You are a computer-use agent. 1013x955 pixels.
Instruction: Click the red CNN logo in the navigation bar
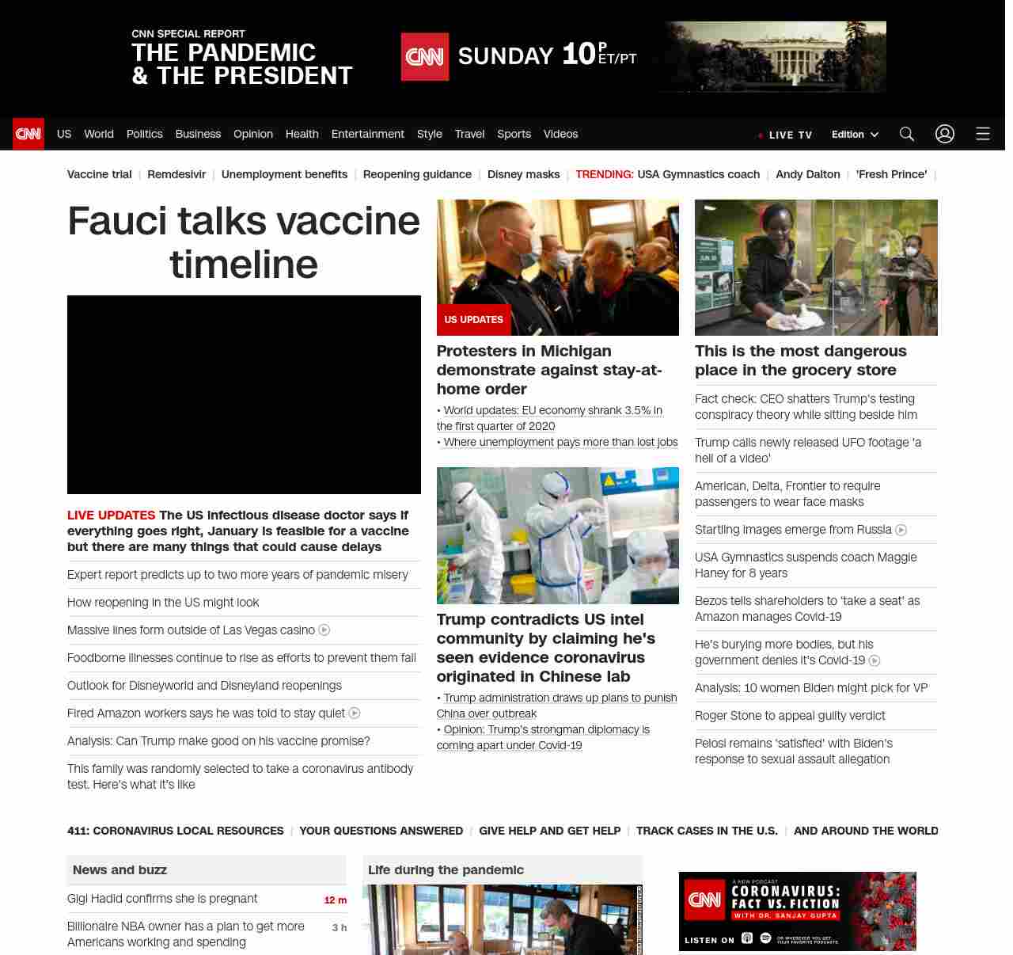point(28,134)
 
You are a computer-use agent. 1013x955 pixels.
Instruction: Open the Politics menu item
point(144,134)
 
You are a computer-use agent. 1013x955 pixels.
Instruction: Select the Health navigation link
point(302,134)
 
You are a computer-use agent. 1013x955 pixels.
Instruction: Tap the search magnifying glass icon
point(906,134)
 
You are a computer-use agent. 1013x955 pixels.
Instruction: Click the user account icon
point(944,134)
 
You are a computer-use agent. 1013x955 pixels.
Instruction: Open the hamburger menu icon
point(982,134)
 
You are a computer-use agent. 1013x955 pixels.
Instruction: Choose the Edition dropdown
point(855,135)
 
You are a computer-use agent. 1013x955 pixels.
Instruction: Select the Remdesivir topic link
point(176,174)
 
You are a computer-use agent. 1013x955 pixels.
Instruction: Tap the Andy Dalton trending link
point(807,174)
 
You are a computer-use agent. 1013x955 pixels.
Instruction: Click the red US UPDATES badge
point(473,320)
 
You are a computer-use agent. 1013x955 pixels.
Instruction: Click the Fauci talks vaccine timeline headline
point(244,242)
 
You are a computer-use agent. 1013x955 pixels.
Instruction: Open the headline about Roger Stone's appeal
point(790,716)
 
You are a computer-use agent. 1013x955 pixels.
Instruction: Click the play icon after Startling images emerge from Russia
point(901,530)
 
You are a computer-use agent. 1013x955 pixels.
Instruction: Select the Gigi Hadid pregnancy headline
point(162,899)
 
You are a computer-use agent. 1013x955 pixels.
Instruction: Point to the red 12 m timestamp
point(335,900)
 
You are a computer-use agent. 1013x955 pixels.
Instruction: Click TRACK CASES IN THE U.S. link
point(707,831)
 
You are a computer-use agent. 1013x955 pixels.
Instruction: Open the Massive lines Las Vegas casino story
point(191,630)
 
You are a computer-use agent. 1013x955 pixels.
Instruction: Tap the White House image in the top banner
point(775,56)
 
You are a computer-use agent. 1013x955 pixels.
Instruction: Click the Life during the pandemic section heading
point(446,869)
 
